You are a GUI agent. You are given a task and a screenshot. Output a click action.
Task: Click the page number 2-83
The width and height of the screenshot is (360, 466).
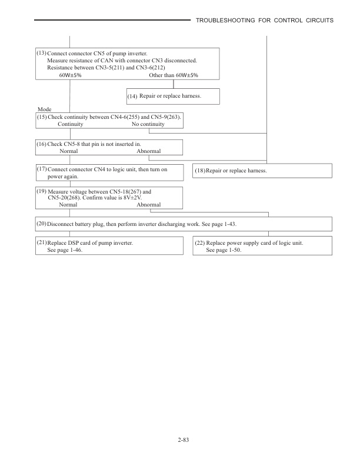[x=179, y=440]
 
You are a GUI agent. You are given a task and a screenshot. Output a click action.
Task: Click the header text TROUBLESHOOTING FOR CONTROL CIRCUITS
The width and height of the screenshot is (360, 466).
[x=265, y=21]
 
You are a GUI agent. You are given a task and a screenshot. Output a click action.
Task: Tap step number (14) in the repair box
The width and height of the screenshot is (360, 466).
[x=132, y=96]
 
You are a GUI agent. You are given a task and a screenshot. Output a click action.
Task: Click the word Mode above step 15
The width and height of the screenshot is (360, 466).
[x=44, y=109]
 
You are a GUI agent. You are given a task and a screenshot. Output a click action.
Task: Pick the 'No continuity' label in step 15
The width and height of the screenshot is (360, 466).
[x=148, y=124]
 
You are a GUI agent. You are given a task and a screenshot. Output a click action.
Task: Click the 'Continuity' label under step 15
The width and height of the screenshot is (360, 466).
[x=70, y=124]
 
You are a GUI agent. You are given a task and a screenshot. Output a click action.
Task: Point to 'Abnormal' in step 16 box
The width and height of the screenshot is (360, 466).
[x=148, y=151]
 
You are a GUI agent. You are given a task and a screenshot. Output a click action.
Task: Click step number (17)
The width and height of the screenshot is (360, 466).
[x=41, y=169]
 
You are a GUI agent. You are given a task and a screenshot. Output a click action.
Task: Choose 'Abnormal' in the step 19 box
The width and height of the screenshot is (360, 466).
[x=148, y=205]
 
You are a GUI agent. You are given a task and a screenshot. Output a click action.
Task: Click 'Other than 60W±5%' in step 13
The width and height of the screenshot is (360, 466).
[x=174, y=75]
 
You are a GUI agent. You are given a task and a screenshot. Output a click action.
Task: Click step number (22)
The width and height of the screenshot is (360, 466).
[x=199, y=243]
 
